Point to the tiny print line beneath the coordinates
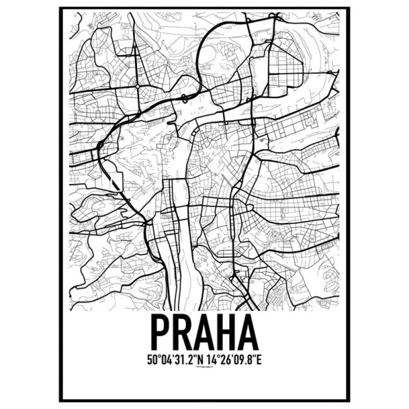click(x=204, y=367)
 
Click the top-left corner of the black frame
click(x=60, y=8)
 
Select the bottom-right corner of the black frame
click(x=349, y=400)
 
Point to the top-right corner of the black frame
click(x=349, y=8)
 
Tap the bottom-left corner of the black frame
click(x=60, y=400)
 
